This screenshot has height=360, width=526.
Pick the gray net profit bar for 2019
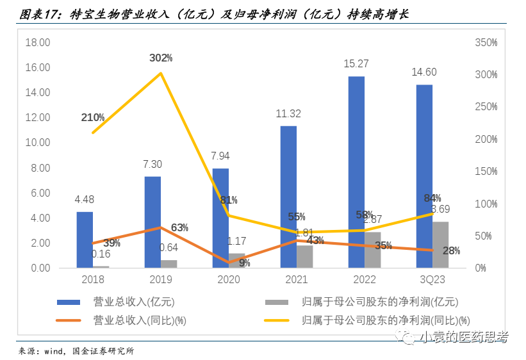(169, 264)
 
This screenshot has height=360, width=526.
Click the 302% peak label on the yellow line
(161, 58)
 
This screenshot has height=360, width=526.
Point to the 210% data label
(93, 117)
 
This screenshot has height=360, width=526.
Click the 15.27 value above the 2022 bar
(356, 64)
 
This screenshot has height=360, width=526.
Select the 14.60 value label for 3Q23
(424, 72)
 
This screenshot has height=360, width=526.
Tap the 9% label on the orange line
(244, 263)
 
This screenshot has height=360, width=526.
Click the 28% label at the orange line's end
(451, 250)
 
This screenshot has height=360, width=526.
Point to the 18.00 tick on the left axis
(37, 43)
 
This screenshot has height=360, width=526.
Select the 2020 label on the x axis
(229, 280)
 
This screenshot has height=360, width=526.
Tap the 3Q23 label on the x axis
(432, 280)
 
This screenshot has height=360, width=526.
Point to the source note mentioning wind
(76, 351)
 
